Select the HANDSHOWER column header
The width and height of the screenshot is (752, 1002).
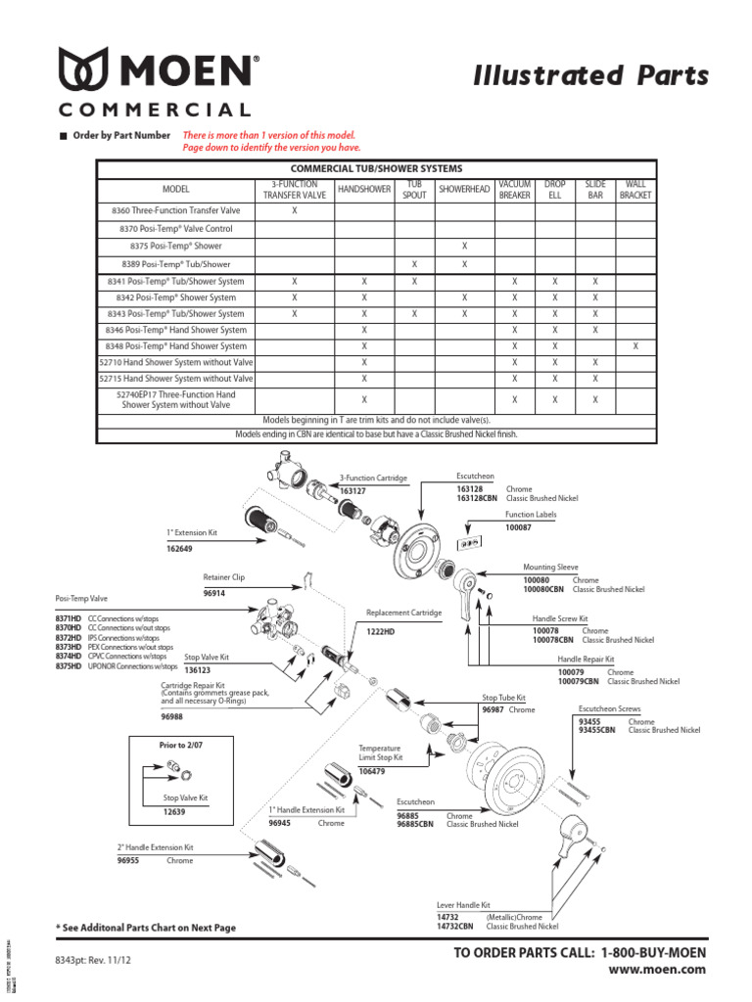coord(363,189)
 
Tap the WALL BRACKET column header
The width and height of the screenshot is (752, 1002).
coord(635,189)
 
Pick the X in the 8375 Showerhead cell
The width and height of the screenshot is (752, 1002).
coord(465,246)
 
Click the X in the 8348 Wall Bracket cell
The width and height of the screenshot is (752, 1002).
coord(635,345)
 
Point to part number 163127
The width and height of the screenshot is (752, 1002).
coord(352,490)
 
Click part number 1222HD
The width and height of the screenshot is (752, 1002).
coord(380,631)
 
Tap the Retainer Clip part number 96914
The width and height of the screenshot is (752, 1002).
coord(214,593)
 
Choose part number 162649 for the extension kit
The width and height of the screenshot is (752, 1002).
coord(179,549)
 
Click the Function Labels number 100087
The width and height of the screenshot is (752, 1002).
coord(519,527)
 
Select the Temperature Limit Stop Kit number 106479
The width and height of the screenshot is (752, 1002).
coord(371,772)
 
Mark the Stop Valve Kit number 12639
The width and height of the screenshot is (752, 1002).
coord(174,812)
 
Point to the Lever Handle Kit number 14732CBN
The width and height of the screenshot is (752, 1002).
coord(453,926)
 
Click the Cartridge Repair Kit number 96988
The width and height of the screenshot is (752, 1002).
coord(172,717)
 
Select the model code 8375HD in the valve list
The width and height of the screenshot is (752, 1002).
coord(69,665)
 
